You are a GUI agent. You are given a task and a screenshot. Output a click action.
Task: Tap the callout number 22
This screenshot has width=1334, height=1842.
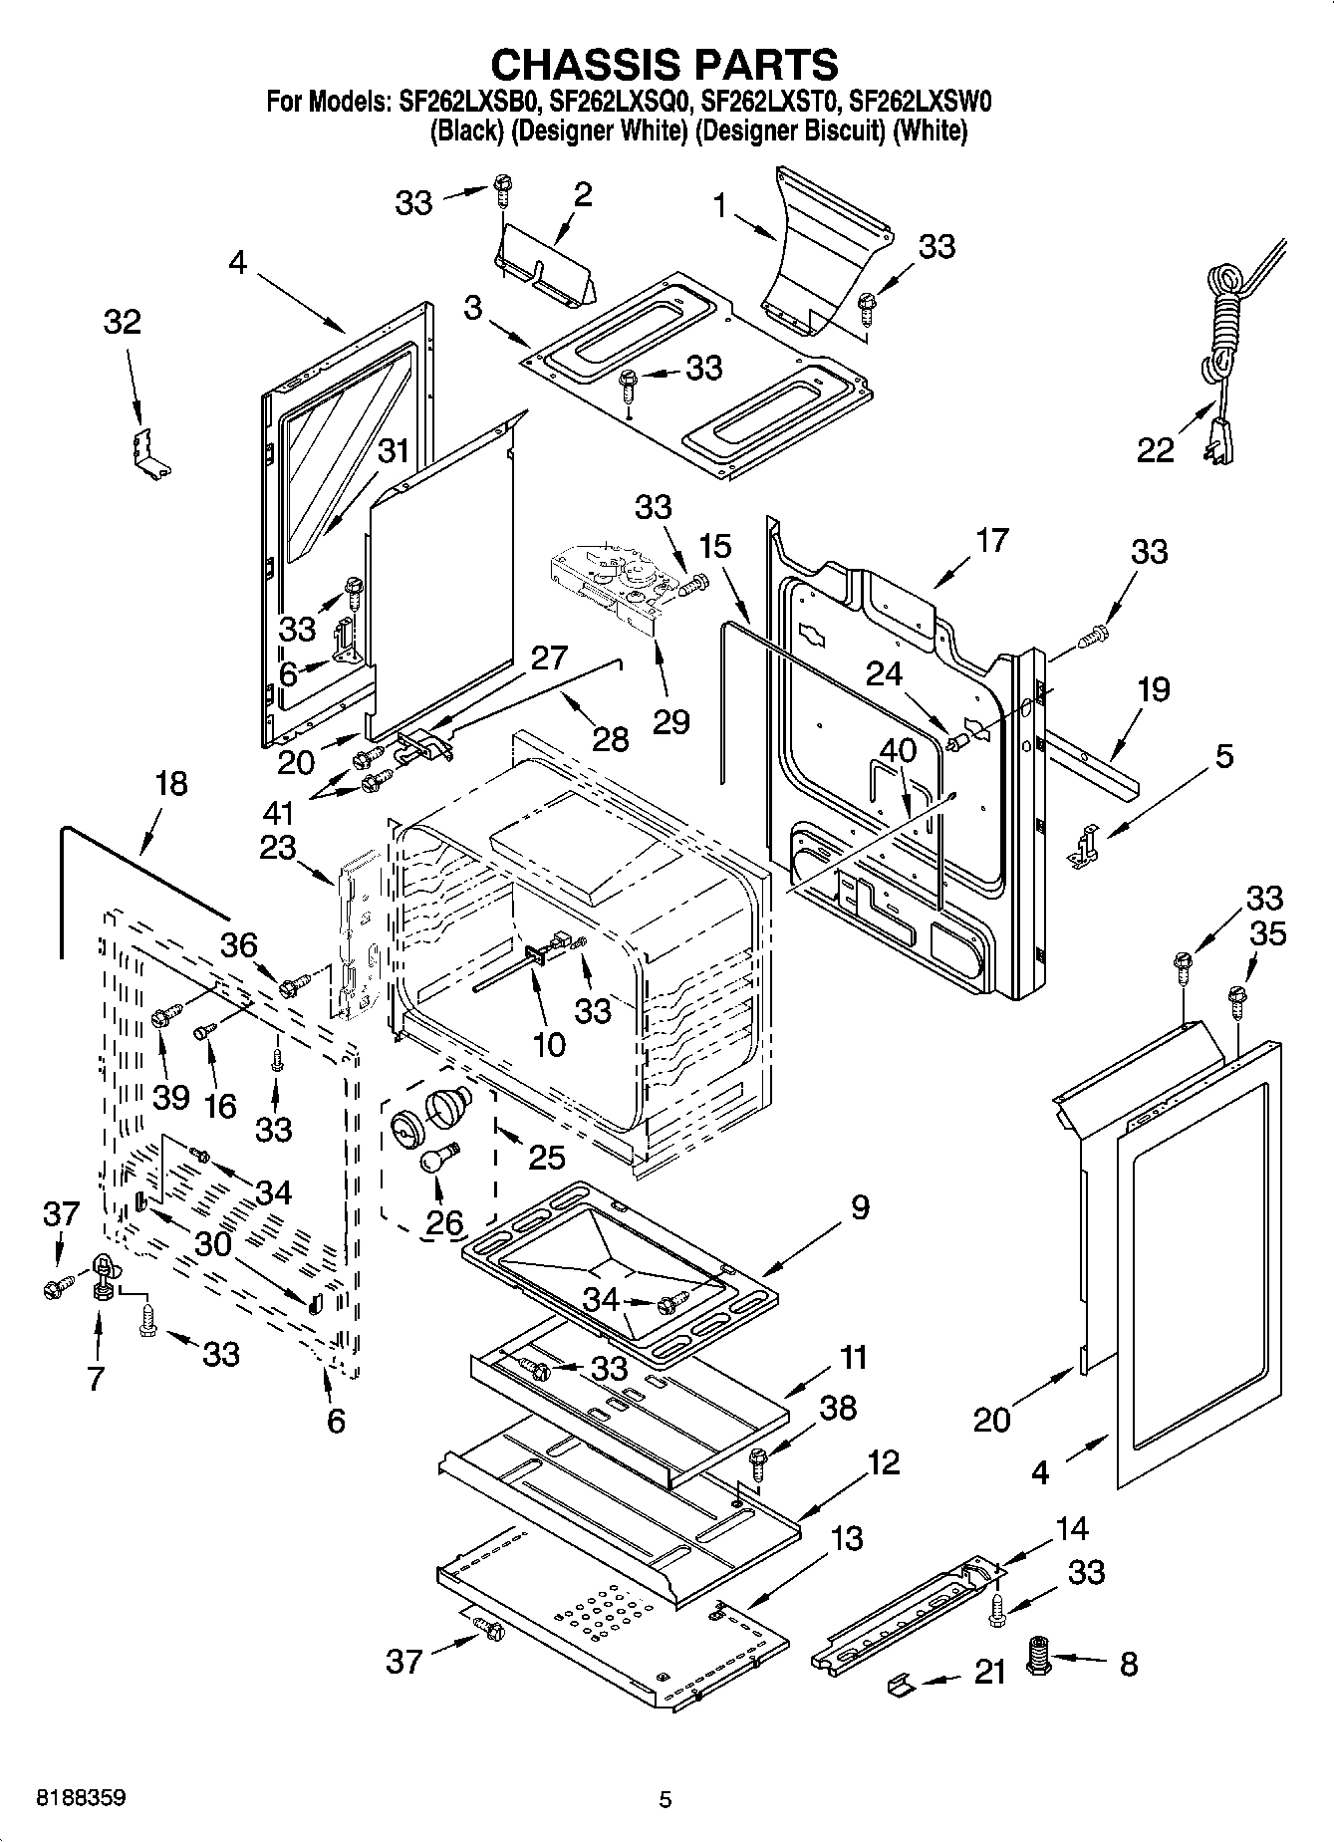pyautogui.click(x=1156, y=451)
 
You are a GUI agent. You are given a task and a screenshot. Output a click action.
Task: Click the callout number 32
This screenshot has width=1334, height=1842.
pyautogui.click(x=123, y=322)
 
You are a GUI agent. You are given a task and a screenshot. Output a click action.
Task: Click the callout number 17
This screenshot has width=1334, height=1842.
pyautogui.click(x=992, y=541)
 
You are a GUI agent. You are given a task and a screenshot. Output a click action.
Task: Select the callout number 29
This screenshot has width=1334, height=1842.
pyautogui.click(x=670, y=720)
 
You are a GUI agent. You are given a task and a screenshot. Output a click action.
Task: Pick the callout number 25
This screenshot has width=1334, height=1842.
pyautogui.click(x=547, y=1157)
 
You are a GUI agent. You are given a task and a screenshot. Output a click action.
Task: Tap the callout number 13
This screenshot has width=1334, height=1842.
pyautogui.click(x=846, y=1538)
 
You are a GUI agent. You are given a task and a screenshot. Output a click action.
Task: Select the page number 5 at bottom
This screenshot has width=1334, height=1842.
pyautogui.click(x=666, y=1799)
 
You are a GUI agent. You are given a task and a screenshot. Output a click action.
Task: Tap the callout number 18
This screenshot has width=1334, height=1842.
pyautogui.click(x=171, y=783)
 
